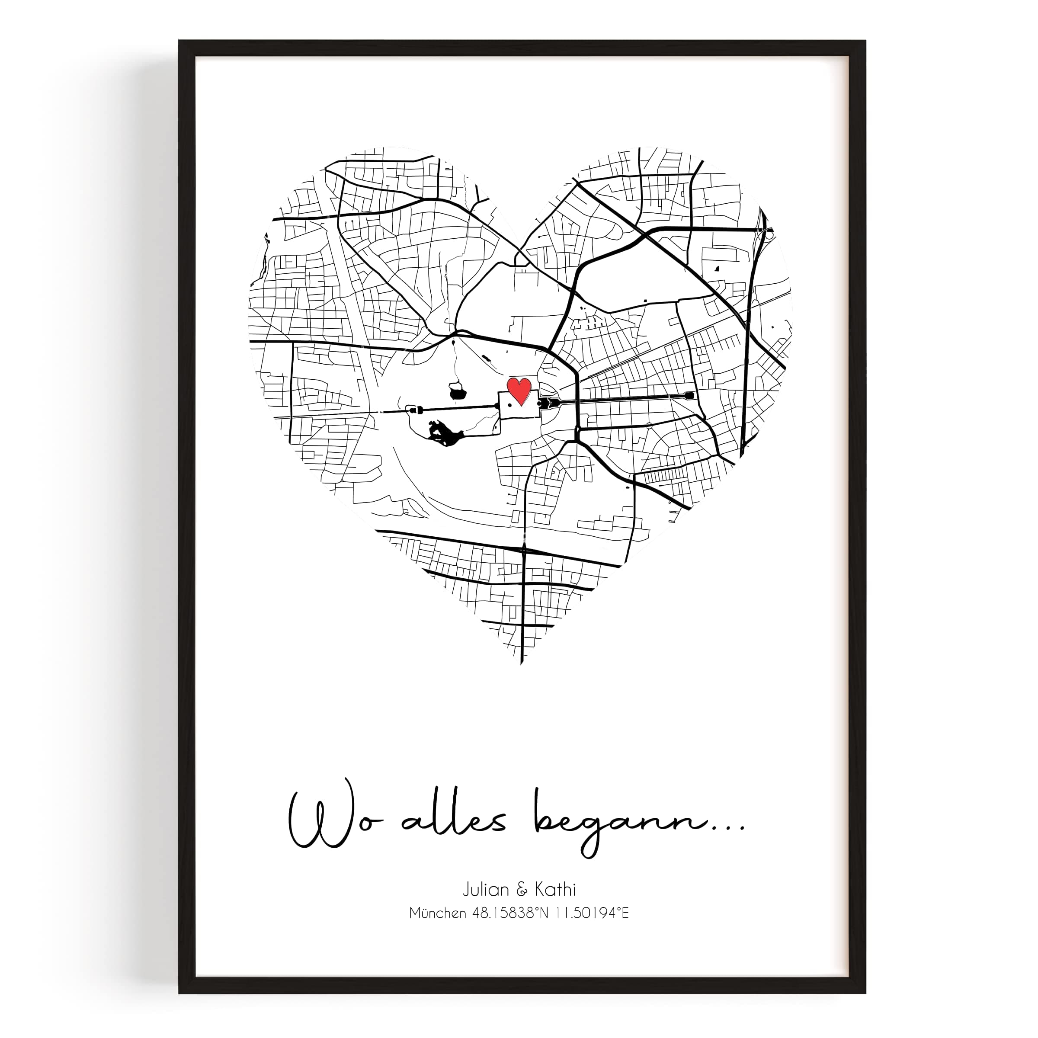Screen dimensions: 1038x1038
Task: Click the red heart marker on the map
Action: [x=519, y=390]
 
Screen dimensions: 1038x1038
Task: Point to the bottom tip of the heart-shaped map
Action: [x=521, y=664]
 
